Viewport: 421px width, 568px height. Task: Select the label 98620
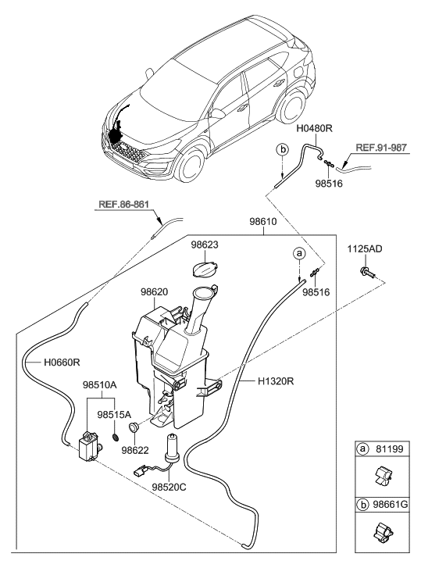point(155,291)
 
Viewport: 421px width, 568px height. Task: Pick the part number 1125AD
point(365,249)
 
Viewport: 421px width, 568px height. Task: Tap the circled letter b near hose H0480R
point(282,148)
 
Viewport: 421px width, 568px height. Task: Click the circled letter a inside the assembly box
point(297,253)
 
